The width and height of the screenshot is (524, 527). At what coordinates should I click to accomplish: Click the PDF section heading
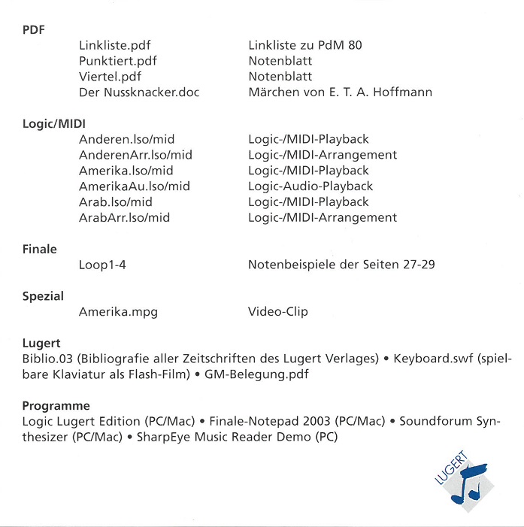(33, 30)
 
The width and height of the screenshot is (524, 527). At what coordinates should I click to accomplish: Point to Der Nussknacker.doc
(139, 92)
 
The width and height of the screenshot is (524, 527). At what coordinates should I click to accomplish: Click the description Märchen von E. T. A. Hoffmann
(340, 92)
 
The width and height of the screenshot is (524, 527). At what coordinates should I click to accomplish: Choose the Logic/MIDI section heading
(53, 124)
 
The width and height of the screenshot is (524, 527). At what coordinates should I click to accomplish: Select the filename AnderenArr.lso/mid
(135, 155)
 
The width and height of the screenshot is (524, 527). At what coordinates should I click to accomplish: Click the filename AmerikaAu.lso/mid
(134, 186)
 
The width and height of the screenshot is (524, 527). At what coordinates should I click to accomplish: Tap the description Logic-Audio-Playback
(310, 186)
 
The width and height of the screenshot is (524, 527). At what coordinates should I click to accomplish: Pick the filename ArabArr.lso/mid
(124, 218)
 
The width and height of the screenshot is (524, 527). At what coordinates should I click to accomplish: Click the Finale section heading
(40, 249)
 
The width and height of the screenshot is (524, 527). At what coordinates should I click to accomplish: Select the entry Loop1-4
(104, 265)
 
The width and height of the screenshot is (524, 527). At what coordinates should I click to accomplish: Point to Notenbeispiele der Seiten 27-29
(341, 265)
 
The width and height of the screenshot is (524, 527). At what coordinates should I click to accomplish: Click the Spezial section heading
(43, 296)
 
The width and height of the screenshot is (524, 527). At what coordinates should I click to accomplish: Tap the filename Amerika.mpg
(118, 312)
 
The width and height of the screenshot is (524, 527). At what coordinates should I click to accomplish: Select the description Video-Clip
(278, 312)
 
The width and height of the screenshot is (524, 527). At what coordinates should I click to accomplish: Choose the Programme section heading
(56, 406)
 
